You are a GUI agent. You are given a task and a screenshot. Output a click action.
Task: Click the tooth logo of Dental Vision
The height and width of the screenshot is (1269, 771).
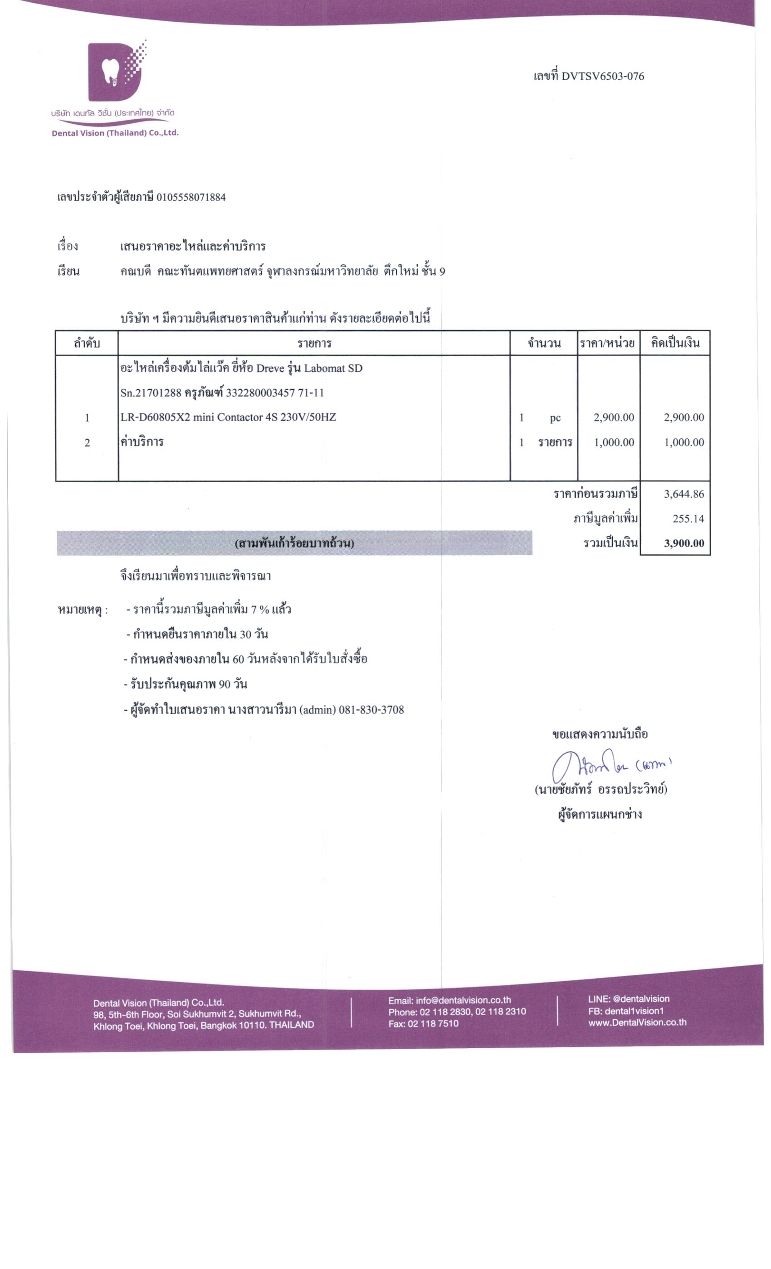pyautogui.click(x=114, y=72)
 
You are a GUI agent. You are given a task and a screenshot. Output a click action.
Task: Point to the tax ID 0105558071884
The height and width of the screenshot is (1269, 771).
pyautogui.click(x=190, y=197)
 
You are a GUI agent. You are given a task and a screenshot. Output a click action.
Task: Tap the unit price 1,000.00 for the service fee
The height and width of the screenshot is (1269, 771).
pyautogui.click(x=613, y=442)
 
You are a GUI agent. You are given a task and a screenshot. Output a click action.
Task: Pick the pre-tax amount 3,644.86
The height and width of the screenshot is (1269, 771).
pyautogui.click(x=683, y=494)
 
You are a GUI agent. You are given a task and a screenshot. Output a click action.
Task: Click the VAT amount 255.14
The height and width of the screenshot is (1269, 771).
pyautogui.click(x=688, y=518)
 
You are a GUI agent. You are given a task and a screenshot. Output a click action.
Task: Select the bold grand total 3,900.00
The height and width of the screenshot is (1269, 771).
pyautogui.click(x=683, y=543)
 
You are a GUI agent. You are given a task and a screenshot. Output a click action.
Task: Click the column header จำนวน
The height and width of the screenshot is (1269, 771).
pyautogui.click(x=544, y=344)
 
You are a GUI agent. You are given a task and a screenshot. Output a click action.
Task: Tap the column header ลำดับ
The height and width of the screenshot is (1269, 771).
pyautogui.click(x=87, y=344)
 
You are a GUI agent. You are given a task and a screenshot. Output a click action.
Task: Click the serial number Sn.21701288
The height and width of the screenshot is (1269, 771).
pyautogui.click(x=151, y=393)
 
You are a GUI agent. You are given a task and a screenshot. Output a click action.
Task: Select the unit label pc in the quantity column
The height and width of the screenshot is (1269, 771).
pyautogui.click(x=555, y=418)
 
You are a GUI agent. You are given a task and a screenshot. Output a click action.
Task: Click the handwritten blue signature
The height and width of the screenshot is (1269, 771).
pyautogui.click(x=608, y=768)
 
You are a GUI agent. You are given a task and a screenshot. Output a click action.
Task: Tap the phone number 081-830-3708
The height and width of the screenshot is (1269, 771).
pyautogui.click(x=371, y=710)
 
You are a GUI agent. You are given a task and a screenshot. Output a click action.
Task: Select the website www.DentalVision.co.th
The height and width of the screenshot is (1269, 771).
pyautogui.click(x=637, y=1022)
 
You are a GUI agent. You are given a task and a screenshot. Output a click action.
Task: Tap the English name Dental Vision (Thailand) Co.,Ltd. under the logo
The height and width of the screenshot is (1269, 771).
pyautogui.click(x=115, y=133)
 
